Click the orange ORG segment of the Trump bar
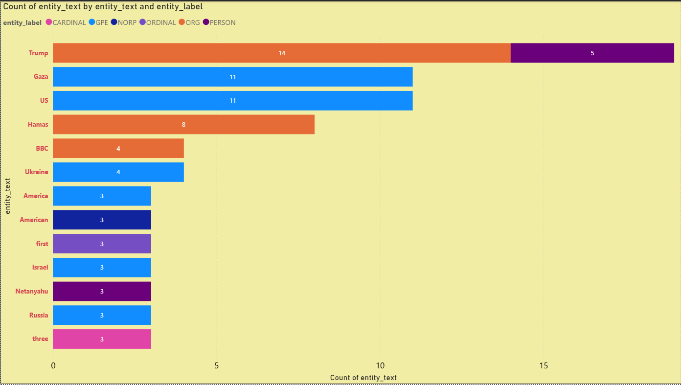coord(281,53)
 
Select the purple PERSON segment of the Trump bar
coord(592,53)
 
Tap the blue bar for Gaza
coord(232,77)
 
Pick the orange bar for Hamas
coord(183,124)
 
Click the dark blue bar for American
coord(102,220)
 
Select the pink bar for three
coord(102,339)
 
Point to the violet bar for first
coord(102,244)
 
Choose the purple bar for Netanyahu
coord(102,291)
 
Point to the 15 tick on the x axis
coord(543,365)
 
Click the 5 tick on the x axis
coord(216,365)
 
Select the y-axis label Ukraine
coord(37,172)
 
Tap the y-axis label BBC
coord(42,148)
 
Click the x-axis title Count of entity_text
coord(363,378)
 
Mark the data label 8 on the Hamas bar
coord(183,124)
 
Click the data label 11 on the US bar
coord(233,101)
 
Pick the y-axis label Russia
coord(39,315)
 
